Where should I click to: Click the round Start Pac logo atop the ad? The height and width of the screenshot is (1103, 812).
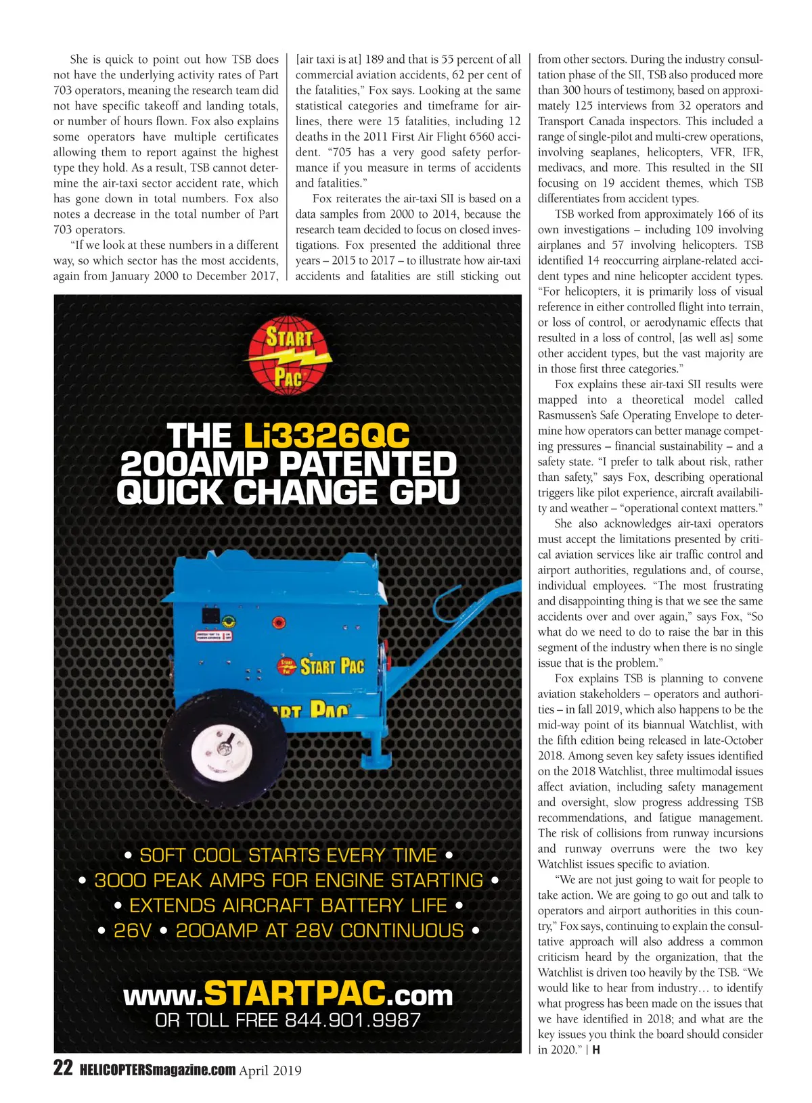click(x=290, y=356)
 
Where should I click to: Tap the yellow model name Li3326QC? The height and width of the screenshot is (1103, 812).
click(x=327, y=436)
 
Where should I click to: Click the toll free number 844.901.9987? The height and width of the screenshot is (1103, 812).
click(x=353, y=1020)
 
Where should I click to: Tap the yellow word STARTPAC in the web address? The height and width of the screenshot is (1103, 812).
click(x=294, y=993)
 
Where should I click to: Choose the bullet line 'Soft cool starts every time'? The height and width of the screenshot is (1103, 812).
click(x=288, y=855)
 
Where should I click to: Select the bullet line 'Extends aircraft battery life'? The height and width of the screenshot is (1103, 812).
click(x=288, y=906)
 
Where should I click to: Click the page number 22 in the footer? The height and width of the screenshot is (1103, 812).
click(x=62, y=1069)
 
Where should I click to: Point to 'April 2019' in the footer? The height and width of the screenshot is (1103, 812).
click(x=270, y=1071)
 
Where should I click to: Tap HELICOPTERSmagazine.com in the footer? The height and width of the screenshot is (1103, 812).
click(x=157, y=1070)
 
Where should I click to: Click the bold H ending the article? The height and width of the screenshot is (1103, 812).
click(x=596, y=1050)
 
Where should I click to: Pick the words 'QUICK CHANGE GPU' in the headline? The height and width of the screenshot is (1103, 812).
click(x=288, y=492)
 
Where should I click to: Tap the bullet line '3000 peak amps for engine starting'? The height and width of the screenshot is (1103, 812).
click(x=288, y=881)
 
